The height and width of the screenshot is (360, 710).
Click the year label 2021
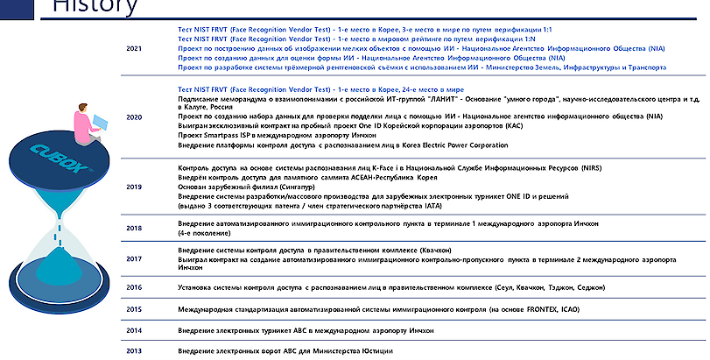(134, 48)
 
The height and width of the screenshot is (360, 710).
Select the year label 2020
(134, 116)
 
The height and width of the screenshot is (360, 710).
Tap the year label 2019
(134, 187)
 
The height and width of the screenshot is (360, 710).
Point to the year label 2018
(134, 228)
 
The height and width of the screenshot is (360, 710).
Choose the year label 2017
(134, 258)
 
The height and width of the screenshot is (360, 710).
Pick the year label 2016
(134, 287)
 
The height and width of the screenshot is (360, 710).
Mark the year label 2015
(134, 309)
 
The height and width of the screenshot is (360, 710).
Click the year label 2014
(134, 331)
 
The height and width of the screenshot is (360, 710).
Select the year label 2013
(134, 350)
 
